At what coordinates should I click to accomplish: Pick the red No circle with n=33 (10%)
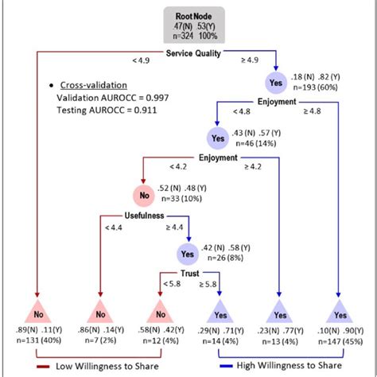click(x=143, y=194)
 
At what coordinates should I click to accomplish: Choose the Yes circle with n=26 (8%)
click(x=188, y=254)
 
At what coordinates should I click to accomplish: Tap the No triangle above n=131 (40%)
click(x=37, y=313)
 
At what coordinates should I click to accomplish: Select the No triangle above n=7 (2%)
click(x=100, y=313)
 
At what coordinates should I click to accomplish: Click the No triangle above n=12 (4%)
click(x=159, y=313)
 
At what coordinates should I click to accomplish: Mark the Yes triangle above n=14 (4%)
click(x=218, y=313)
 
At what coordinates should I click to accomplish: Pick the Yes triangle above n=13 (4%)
click(x=278, y=313)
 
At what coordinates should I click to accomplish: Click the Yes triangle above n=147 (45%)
click(x=340, y=313)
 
